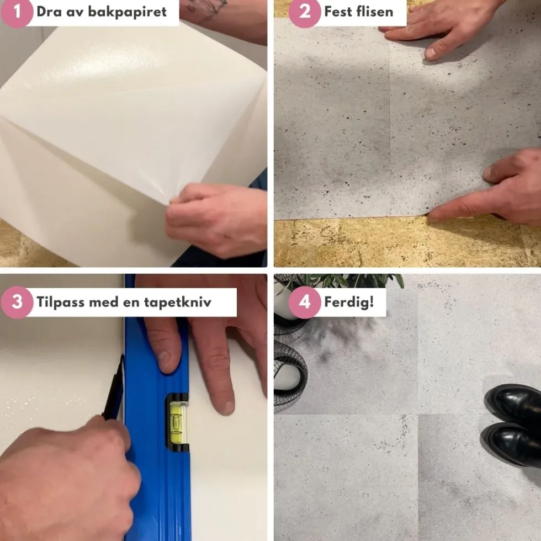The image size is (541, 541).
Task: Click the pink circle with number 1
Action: click(16, 12)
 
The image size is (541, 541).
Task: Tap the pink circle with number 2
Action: click(305, 12)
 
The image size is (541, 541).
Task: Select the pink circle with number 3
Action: click(17, 302)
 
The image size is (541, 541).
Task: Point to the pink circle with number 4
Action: click(305, 302)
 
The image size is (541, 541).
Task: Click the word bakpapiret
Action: click(128, 12)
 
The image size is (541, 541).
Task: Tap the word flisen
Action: click(376, 12)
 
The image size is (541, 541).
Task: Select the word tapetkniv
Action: click(177, 302)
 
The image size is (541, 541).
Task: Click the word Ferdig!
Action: click(349, 302)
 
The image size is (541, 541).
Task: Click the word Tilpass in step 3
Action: click(60, 303)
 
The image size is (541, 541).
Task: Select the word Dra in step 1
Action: click(49, 12)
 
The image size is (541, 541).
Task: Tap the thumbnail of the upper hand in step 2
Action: click(430, 53)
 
